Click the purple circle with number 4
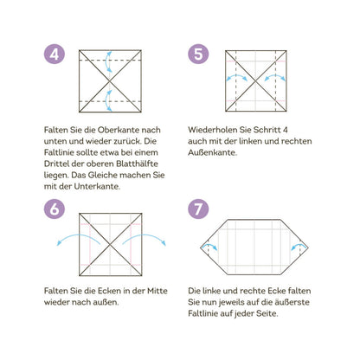coord(55,54)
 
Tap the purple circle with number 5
coord(198,54)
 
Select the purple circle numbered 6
coord(55,209)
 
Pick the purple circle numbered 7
coord(198,209)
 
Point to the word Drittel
coord(56,164)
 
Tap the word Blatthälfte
coord(138,164)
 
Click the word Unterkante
coord(97,186)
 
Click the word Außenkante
coord(212,152)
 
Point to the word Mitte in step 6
coord(157,291)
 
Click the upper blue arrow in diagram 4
coord(106,61)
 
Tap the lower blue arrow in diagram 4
coord(106,100)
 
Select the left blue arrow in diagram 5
coord(236,75)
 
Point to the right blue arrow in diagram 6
coord(145,235)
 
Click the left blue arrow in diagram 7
coord(210,245)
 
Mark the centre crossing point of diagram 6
coord(110,245)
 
